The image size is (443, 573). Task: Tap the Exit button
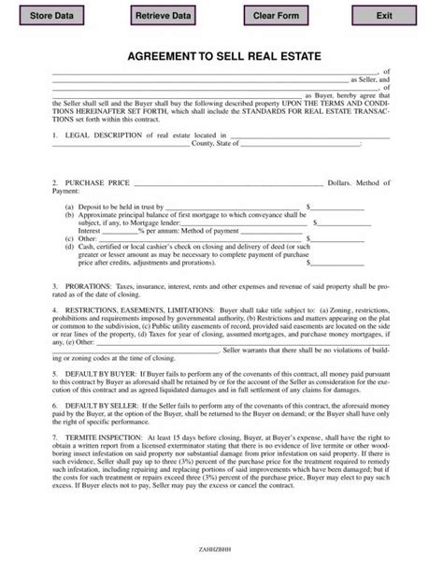coord(384,16)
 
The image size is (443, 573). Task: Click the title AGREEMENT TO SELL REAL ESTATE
coord(221,57)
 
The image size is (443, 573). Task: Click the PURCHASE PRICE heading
coord(94,181)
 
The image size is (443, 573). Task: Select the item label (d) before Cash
coord(70,245)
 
